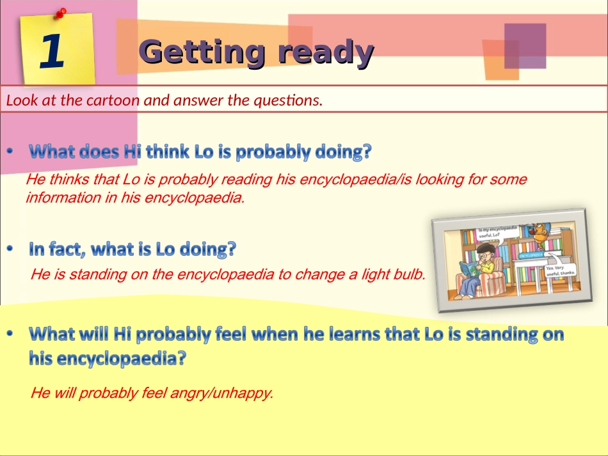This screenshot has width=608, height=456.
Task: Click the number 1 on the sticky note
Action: tap(52, 51)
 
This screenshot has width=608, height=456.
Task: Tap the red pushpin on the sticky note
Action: tap(61, 12)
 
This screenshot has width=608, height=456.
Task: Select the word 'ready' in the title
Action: tap(325, 52)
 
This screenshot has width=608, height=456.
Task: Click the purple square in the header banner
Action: tap(525, 46)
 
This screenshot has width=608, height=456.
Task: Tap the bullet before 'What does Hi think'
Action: tap(10, 152)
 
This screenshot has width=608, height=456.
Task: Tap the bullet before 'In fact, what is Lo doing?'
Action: tap(10, 249)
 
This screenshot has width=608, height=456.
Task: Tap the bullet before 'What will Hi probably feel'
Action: tap(10, 334)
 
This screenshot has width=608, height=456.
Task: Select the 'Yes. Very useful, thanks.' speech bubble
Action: tap(560, 271)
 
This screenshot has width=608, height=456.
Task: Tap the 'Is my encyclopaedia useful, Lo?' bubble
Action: tap(497, 231)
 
